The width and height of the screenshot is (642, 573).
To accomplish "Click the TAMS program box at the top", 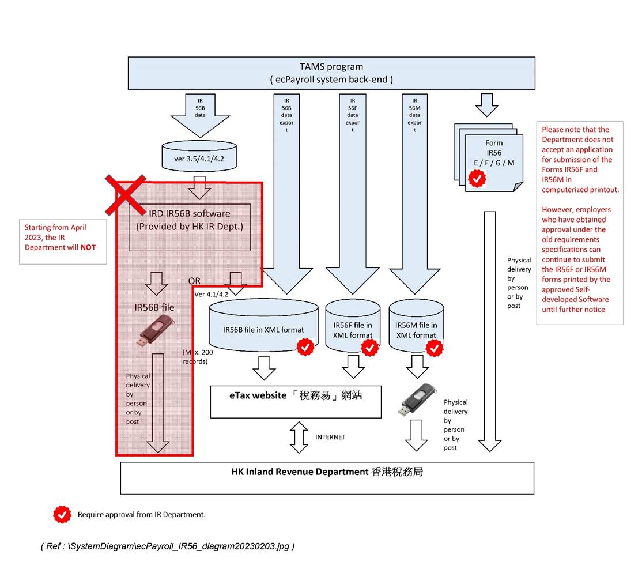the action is coord(331,73).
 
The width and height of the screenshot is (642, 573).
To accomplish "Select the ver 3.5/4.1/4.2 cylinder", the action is coord(199,156).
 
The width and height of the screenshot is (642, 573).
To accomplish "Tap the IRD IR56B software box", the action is coord(190,227).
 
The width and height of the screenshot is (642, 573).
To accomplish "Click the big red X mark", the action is coord(126,195).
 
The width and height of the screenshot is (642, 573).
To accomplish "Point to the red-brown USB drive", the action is coord(156,330).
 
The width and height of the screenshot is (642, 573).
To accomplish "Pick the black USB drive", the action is coord(417,399).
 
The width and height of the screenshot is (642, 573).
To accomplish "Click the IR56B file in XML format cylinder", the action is coord(264,325).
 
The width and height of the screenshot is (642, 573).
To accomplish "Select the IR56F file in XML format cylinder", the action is coord(353,326).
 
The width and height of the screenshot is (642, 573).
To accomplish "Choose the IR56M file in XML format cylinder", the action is coord(416,326).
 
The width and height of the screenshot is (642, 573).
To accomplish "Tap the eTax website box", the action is coord(296,401).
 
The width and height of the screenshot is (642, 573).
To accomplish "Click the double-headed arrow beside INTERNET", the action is coord(299,438).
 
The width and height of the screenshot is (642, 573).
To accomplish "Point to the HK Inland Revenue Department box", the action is coord(327,478).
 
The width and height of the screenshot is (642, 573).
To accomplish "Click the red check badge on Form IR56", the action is coord(477,179).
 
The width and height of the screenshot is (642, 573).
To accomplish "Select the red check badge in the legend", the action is coord(62,514).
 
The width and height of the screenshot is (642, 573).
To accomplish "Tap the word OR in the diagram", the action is coord(194,281).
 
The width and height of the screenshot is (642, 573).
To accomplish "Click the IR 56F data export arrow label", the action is coord(353,115).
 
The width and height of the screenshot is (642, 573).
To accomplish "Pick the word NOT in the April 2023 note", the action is coord(88,247).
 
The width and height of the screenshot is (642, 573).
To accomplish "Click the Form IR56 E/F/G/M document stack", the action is coord(489,158).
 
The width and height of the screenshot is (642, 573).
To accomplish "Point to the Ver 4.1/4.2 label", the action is coord(212,294).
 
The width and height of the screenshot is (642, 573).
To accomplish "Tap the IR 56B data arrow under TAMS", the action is coord(200,115).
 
